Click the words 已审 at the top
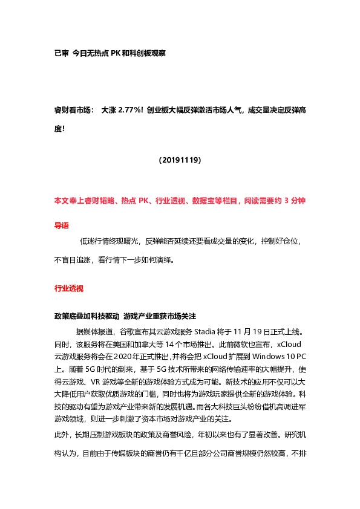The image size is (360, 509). (61, 53)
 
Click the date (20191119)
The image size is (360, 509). (180, 160)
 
